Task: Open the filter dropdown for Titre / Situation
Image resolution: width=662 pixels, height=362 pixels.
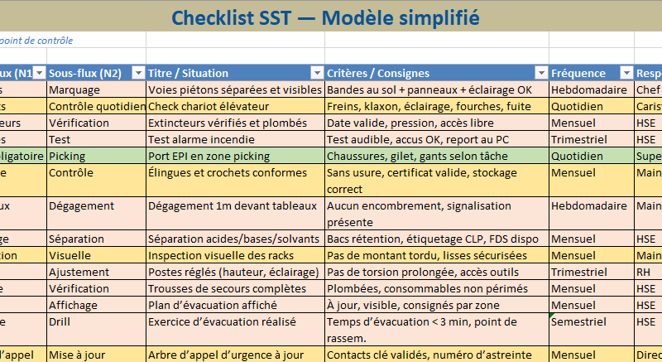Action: click(x=316, y=73)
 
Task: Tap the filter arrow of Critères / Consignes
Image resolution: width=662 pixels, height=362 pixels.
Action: click(x=541, y=73)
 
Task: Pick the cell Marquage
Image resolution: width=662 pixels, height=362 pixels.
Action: click(x=74, y=89)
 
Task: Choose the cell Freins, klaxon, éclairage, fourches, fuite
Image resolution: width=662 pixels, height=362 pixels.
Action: click(x=429, y=106)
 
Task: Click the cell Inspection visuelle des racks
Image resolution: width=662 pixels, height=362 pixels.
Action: click(x=218, y=255)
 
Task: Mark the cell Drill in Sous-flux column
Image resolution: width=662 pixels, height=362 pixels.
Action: click(x=60, y=321)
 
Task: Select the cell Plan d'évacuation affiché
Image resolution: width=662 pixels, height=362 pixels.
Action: click(x=208, y=305)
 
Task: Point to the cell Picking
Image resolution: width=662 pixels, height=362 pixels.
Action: click(x=67, y=156)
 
